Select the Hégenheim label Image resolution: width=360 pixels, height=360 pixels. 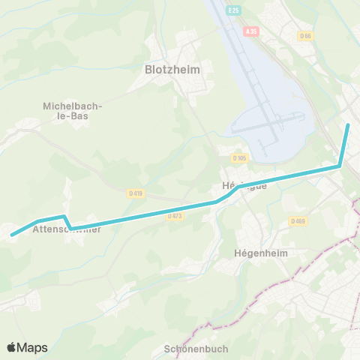(256, 253)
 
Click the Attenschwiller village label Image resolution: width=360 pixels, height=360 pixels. (67, 230)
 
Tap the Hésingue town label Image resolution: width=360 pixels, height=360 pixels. (244, 186)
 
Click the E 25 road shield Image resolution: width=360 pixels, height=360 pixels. (234, 10)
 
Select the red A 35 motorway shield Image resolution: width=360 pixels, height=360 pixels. (251, 31)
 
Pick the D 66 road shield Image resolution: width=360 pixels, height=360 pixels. (304, 35)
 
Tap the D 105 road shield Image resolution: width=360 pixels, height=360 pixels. (239, 157)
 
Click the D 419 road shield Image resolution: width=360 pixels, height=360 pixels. (135, 193)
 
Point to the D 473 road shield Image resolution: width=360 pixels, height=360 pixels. (175, 216)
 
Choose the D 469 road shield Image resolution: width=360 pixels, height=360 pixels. (298, 221)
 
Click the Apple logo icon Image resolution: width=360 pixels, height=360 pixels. (12, 347)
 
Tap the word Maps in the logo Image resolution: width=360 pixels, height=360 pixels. (32, 347)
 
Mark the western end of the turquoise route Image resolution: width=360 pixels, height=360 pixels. (12, 235)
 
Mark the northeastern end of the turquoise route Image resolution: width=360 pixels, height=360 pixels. (349, 124)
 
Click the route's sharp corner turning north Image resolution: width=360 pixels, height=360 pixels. (340, 166)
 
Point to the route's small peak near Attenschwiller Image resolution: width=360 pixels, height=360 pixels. (64, 217)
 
